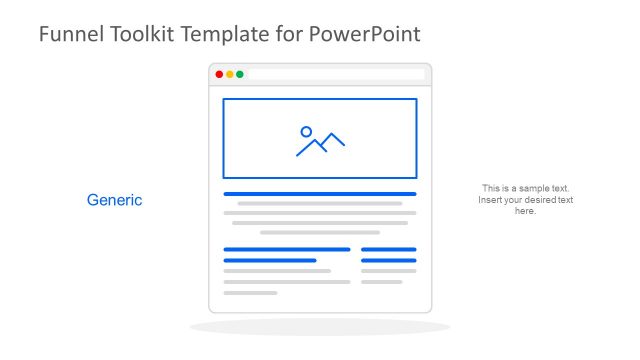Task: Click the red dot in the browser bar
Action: click(x=220, y=74)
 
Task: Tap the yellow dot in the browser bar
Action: click(x=230, y=74)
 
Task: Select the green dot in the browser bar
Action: click(x=240, y=74)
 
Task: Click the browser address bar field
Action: click(x=336, y=74)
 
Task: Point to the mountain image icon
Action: click(x=320, y=142)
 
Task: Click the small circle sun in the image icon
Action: click(x=306, y=131)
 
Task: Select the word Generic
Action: click(x=115, y=200)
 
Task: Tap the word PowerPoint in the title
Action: click(x=364, y=34)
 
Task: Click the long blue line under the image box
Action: click(x=320, y=194)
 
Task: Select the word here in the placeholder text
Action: click(x=526, y=211)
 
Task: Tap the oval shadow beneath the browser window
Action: click(x=320, y=327)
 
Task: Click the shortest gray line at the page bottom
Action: click(x=250, y=293)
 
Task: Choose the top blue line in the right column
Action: click(x=388, y=249)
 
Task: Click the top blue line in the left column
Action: click(x=287, y=249)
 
